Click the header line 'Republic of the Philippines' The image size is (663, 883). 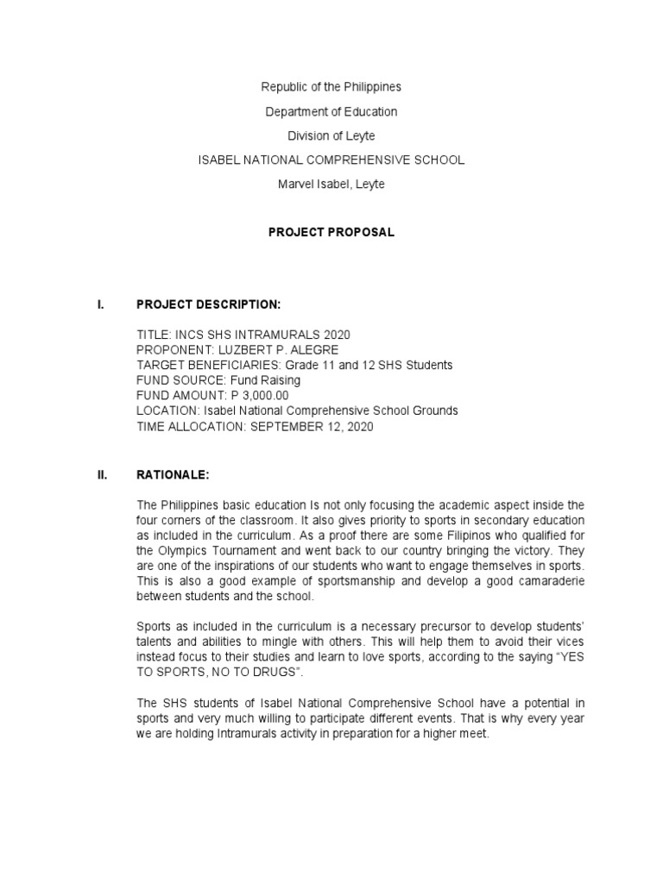pos(331,87)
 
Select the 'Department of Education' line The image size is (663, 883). pos(331,111)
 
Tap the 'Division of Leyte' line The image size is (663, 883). pos(331,135)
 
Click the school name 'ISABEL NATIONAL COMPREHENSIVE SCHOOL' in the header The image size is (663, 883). pos(331,160)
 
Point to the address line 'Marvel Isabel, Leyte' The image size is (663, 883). pos(331,185)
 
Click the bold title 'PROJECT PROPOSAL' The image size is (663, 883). pos(331,233)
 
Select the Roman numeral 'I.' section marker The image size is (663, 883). pos(101,304)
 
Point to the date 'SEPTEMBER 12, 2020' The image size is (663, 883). pos(312,427)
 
